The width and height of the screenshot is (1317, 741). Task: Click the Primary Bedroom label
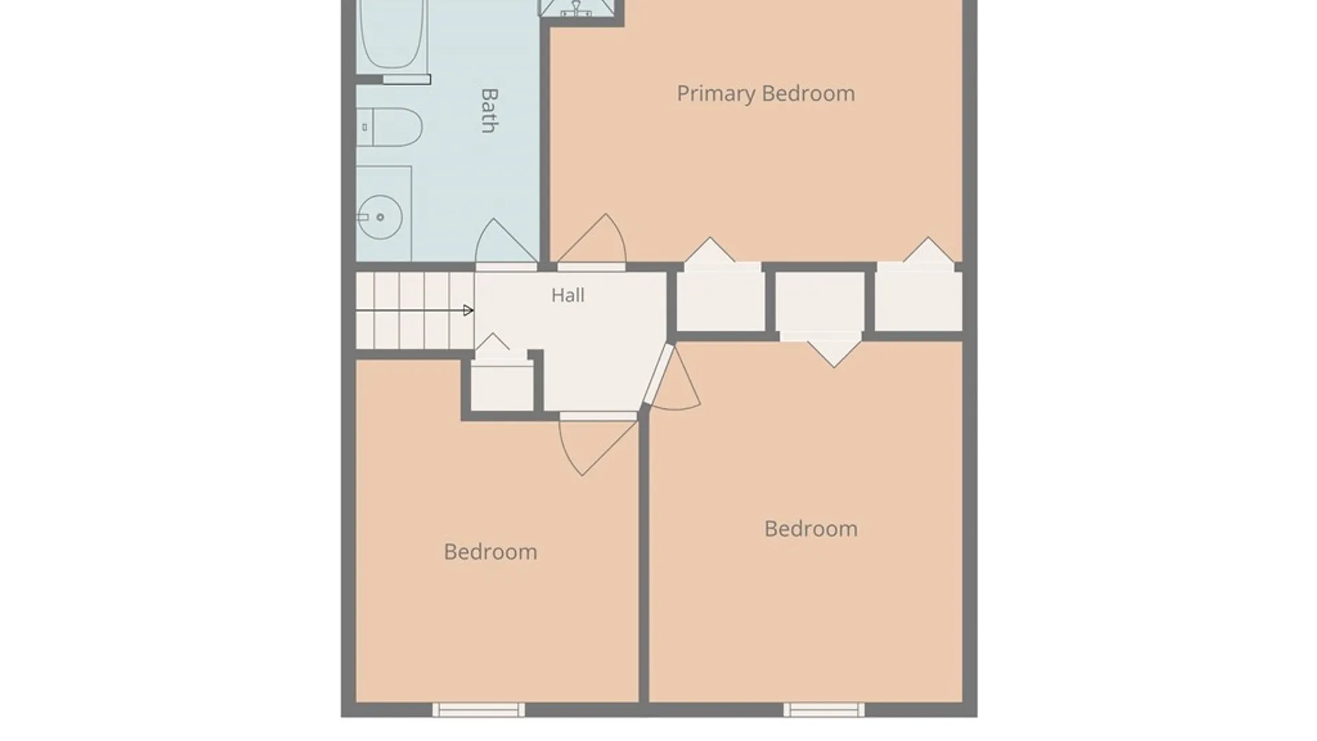click(766, 94)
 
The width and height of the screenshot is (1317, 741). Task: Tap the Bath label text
click(488, 110)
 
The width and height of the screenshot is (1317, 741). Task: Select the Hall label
click(568, 295)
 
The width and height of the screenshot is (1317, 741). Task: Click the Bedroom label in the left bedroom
click(490, 552)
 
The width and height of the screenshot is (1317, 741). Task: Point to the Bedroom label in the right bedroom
click(811, 528)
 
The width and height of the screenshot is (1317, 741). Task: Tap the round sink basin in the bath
click(379, 217)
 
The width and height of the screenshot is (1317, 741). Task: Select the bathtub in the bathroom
click(392, 34)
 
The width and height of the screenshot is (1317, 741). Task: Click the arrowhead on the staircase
click(468, 311)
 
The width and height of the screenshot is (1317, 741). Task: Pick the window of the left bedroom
click(479, 709)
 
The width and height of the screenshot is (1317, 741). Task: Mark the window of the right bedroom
click(824, 709)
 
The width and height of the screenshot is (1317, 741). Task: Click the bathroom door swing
click(506, 242)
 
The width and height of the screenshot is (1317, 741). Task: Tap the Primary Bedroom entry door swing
click(591, 239)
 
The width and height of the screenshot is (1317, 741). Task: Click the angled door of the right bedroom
click(673, 378)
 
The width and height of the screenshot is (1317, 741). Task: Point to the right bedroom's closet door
click(833, 351)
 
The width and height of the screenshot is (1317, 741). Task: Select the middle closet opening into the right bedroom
click(820, 302)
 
